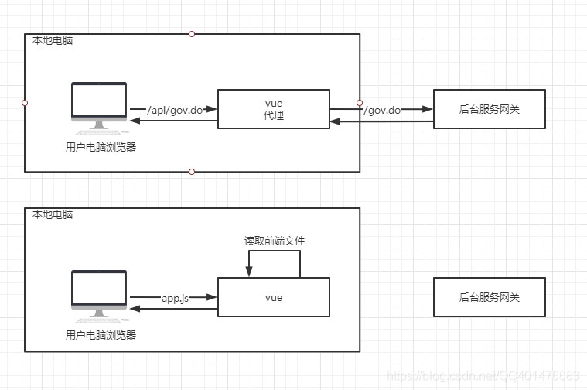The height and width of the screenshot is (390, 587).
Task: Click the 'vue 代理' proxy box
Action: coord(274,109)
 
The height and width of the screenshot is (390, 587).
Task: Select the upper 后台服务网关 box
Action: coord(490,109)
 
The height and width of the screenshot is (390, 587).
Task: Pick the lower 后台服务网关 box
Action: coord(490,297)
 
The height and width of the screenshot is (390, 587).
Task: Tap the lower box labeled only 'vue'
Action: coord(274,297)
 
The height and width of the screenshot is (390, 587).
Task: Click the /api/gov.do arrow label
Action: coord(175,110)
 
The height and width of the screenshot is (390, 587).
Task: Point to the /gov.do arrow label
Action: coord(382,110)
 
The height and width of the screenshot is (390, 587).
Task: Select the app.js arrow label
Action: coord(176,298)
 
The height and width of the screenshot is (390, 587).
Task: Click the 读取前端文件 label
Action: coord(275,241)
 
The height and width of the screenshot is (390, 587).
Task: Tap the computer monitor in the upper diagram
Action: coord(99,108)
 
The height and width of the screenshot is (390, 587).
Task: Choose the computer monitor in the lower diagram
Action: coord(99,296)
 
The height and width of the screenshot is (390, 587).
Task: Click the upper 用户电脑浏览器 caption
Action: coord(101,147)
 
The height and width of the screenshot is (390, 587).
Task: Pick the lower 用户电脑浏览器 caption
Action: coord(101,335)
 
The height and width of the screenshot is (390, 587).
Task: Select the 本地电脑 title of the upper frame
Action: coord(53,40)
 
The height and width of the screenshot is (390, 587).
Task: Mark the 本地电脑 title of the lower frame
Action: coord(53,214)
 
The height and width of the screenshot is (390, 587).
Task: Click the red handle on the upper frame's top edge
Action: coord(192,34)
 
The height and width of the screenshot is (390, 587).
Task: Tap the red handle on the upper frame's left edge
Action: coord(25,103)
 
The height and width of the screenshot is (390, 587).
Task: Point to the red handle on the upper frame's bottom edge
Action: coord(192,172)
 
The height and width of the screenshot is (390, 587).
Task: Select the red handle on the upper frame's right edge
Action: coord(360,103)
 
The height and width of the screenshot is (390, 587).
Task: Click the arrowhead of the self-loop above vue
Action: coord(249,272)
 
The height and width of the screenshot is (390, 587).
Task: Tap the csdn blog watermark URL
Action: coord(483,375)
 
